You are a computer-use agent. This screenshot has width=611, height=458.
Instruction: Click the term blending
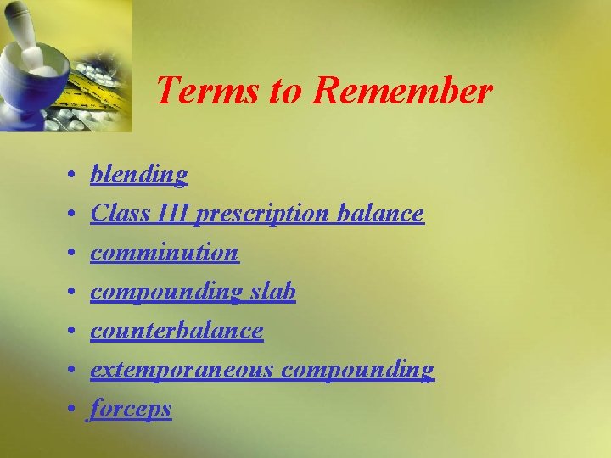coord(139,175)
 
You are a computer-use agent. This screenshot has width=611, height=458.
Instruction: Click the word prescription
coord(262,215)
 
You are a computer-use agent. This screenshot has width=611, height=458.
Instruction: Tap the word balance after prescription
coord(380,214)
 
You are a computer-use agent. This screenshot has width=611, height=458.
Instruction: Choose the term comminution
coord(165,253)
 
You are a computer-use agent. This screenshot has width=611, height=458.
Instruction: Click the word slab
coord(272,292)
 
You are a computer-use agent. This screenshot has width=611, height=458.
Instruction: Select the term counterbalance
coord(177,331)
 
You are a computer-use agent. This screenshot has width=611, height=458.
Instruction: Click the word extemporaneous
coord(182,370)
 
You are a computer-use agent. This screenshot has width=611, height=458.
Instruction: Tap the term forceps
coord(132,409)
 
